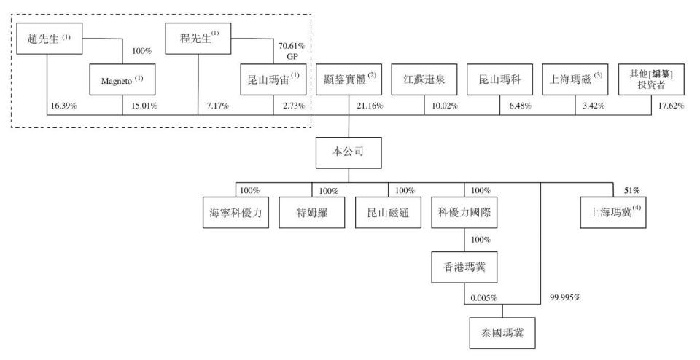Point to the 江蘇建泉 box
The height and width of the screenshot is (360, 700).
423,79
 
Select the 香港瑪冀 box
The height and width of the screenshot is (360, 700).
464,267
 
